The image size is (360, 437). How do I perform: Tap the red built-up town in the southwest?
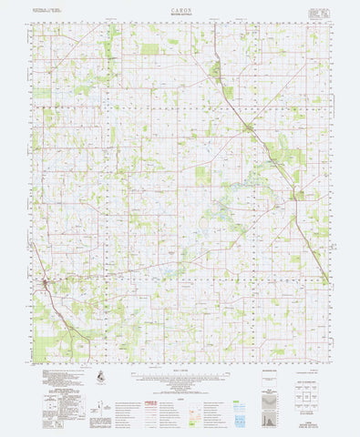[x=47, y=288]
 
